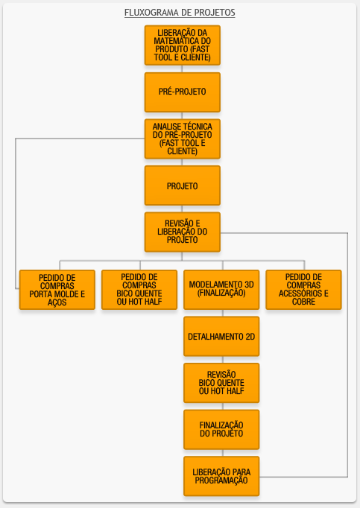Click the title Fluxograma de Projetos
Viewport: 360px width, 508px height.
tap(180, 13)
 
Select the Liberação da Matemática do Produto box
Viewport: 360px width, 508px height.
tap(183, 45)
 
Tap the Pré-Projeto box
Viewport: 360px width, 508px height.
tap(183, 92)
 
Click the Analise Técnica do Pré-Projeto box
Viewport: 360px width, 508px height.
tap(183, 139)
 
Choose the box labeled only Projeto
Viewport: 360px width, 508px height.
tap(183, 185)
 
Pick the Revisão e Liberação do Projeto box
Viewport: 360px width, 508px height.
tap(183, 232)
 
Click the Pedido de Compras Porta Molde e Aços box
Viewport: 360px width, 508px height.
tap(57, 290)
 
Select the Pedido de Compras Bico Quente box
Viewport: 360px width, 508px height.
tap(139, 290)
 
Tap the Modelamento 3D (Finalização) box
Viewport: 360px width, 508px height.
tap(221, 290)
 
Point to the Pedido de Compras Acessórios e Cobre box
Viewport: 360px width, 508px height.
tap(303, 290)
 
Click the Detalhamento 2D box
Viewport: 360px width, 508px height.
tap(221, 336)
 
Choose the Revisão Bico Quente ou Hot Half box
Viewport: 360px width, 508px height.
tap(221, 383)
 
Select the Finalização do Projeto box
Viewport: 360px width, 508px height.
tap(221, 430)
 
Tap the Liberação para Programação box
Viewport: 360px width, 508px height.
tap(221, 476)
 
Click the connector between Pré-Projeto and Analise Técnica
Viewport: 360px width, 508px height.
tap(182, 115)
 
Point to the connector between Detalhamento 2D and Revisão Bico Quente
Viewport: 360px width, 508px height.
tap(223, 360)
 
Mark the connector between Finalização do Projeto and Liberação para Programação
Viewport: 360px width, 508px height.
tap(223, 453)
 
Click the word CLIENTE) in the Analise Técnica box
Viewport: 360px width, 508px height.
tap(183, 151)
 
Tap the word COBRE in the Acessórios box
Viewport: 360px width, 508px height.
tap(303, 302)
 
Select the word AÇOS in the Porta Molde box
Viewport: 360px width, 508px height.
tap(57, 302)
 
